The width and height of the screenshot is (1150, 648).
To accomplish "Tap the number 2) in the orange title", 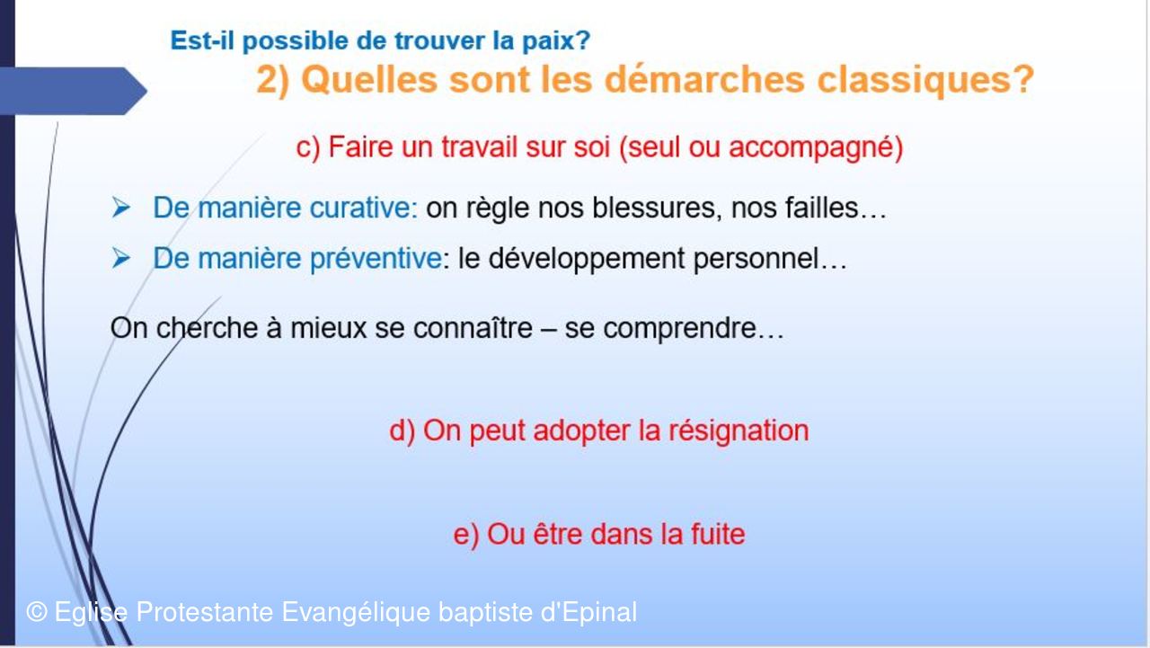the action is [x=272, y=80].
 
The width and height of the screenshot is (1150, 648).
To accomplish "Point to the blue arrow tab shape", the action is [x=73, y=91].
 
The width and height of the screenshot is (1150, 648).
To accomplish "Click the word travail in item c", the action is [x=479, y=146].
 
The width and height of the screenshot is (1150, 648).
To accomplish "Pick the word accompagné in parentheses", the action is [x=810, y=148].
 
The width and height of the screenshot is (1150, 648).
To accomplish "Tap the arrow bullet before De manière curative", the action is [x=121, y=208].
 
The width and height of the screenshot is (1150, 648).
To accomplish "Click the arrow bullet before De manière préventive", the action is [x=121, y=258].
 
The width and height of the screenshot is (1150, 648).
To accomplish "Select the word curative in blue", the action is [x=364, y=208].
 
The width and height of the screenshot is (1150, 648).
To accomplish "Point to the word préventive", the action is [x=376, y=258].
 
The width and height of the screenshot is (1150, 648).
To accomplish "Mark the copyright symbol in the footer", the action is [x=37, y=612].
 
